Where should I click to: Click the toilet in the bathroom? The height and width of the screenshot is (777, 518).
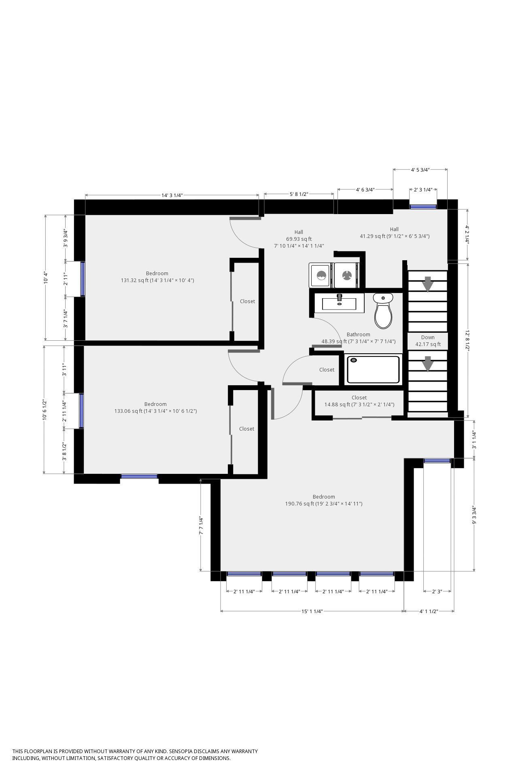383,311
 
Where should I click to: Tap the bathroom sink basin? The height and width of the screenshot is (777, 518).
339,303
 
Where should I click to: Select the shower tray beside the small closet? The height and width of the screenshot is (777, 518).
373,369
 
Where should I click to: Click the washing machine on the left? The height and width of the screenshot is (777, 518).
320,275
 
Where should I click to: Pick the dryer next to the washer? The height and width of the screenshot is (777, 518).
347,275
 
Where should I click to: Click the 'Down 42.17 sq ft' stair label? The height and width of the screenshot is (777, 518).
428,341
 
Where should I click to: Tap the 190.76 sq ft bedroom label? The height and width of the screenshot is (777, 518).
324,500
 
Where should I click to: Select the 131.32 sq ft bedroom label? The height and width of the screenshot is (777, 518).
157,277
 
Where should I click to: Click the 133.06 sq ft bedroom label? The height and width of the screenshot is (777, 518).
155,408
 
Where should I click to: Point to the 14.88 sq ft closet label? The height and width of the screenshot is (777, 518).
359,401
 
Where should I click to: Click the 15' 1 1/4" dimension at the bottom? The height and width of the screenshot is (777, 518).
312,611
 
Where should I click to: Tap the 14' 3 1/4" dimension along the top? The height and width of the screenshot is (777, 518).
172,195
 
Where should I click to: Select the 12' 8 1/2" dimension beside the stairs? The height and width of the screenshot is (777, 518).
468,340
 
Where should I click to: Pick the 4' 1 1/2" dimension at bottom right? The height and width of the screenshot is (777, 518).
429,611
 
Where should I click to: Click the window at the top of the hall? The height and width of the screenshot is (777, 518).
423,206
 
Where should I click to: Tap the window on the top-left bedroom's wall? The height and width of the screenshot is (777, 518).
83,279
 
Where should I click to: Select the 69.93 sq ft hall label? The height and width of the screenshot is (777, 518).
299,239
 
